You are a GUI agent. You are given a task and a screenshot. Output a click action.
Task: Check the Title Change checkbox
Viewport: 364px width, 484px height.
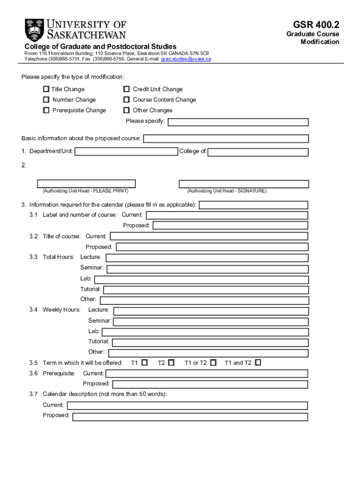click(x=46, y=89)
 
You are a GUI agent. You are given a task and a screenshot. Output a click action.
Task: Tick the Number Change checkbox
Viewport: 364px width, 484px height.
click(x=46, y=100)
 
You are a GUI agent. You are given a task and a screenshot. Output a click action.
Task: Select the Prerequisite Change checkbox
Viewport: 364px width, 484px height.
click(x=46, y=110)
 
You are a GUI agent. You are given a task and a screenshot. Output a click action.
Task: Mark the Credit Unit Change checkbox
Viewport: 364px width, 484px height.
click(x=126, y=89)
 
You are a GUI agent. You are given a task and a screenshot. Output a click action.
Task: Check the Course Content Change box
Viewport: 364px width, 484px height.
click(x=126, y=100)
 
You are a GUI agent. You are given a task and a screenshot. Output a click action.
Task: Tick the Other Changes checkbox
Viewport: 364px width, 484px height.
click(x=126, y=110)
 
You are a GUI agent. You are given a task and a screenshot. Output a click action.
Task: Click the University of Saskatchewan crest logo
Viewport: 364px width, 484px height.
click(x=34, y=29)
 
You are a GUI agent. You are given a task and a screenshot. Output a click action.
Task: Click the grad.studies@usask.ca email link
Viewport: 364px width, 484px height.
click(x=186, y=59)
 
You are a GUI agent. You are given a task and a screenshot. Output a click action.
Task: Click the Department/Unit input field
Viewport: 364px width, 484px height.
click(x=127, y=152)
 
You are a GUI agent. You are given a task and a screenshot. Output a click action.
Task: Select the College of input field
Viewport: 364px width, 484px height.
click(x=258, y=152)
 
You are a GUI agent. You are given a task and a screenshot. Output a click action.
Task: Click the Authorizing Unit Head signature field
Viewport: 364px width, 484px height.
click(x=243, y=184)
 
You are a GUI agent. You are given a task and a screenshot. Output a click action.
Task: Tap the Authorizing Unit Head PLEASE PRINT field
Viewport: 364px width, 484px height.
click(x=87, y=184)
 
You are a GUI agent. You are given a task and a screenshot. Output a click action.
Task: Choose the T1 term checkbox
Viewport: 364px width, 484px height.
click(x=145, y=363)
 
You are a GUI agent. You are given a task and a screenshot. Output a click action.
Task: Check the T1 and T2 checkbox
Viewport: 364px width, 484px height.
click(x=258, y=363)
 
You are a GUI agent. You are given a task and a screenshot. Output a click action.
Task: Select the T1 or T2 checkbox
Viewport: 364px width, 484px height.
click(x=213, y=363)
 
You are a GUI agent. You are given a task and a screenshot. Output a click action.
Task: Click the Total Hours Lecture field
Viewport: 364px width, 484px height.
click(x=207, y=258)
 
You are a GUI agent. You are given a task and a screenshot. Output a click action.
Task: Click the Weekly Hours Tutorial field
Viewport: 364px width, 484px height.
click(x=210, y=342)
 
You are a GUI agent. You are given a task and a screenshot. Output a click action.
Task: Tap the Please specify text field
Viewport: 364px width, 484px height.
click(x=238, y=122)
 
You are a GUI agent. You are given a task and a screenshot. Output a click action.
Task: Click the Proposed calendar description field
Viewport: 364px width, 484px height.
click(x=190, y=417)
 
